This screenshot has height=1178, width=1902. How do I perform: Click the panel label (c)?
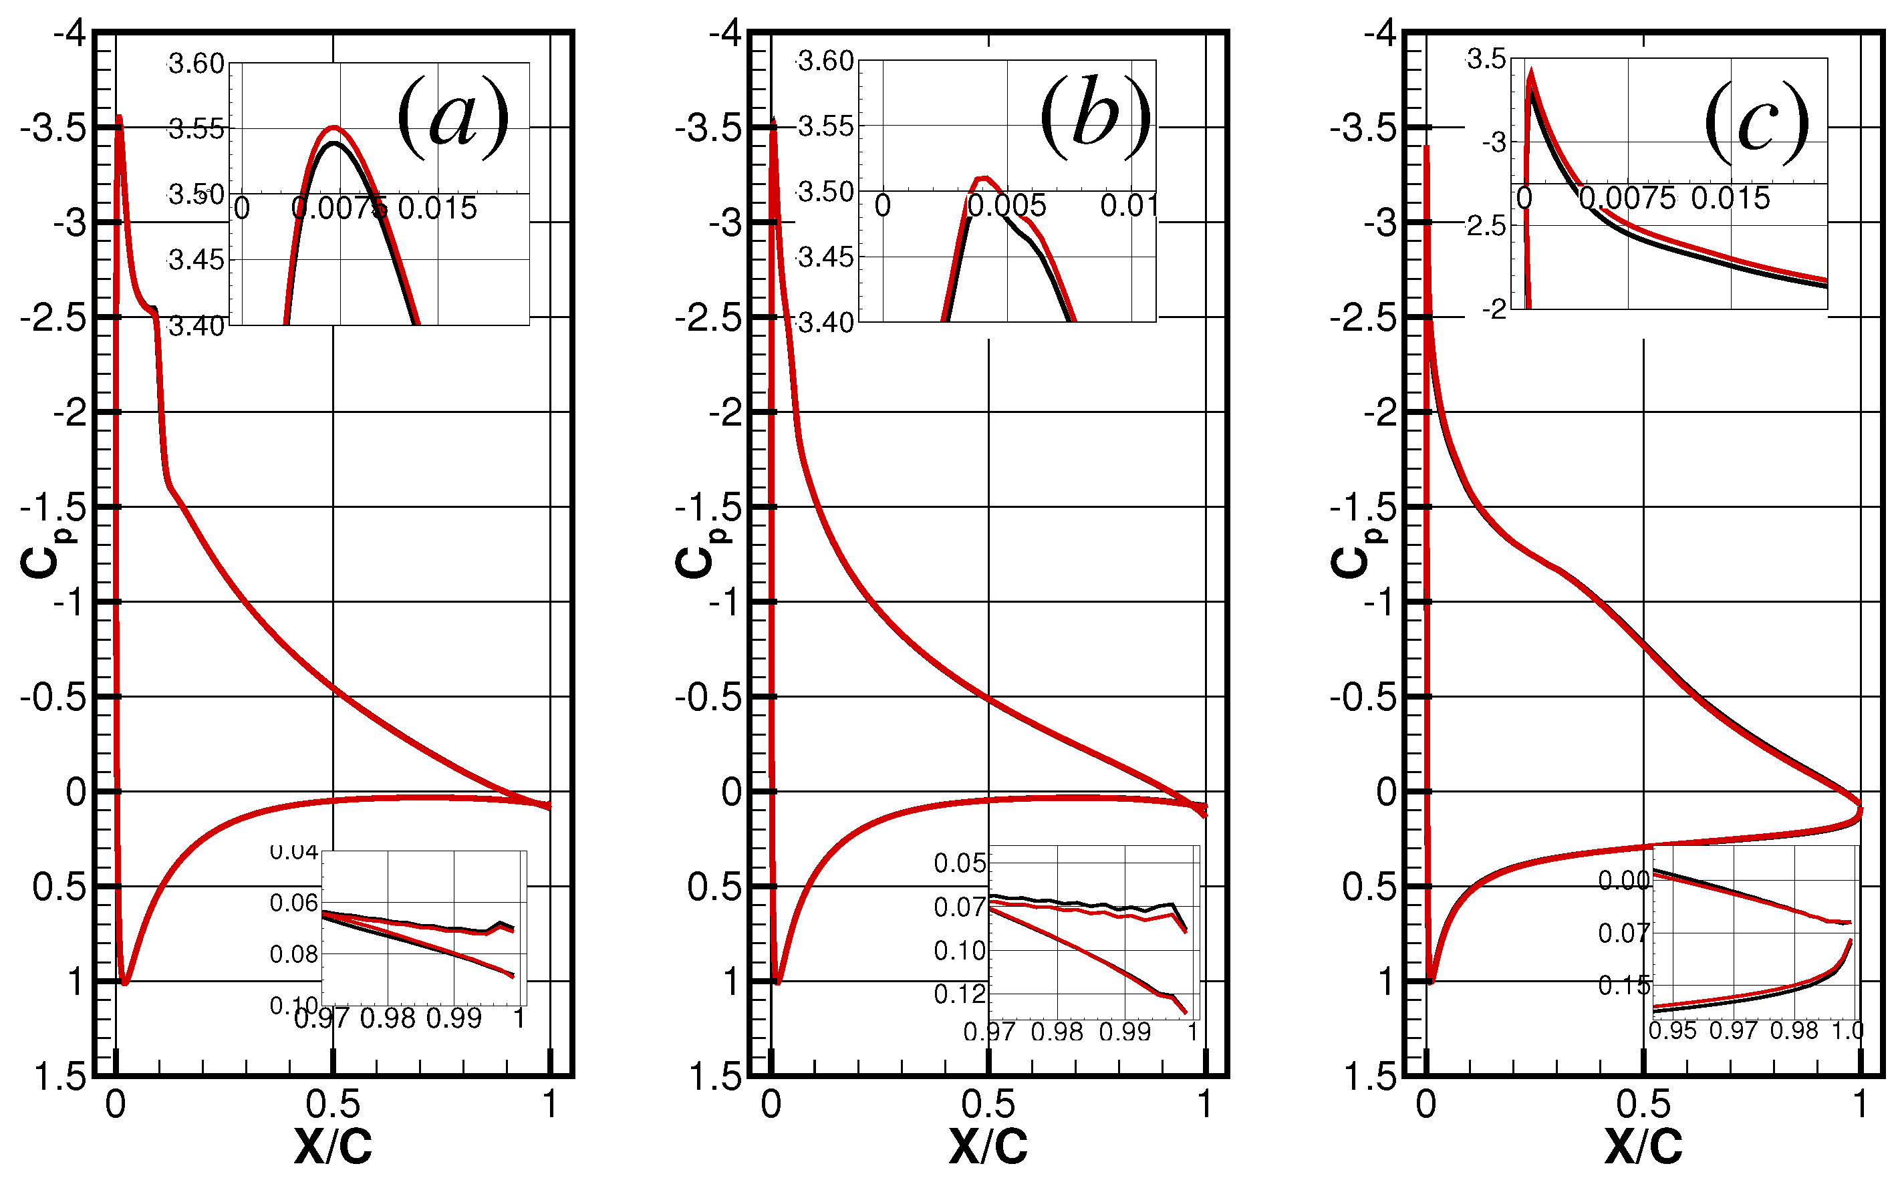pos(1756,122)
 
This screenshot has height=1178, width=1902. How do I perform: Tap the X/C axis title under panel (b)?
pos(988,1146)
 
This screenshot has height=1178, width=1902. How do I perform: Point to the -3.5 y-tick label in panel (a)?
pos(53,128)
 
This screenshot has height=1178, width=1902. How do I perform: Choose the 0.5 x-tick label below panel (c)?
pos(1643,1104)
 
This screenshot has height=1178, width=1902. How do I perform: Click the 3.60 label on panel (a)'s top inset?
pos(196,64)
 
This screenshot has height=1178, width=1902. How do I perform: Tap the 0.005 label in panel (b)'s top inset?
pos(1006,206)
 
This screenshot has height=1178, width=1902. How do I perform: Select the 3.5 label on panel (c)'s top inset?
pos(1486,59)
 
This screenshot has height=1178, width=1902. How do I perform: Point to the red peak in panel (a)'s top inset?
pos(333,126)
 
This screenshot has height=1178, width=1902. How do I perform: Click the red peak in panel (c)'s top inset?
pos(1531,72)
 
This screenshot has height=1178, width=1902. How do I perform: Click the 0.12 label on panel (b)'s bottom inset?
pos(959,994)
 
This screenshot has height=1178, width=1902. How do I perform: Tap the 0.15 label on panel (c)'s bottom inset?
pos(1623,986)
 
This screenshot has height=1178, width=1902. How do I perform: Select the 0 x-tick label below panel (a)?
pos(116,1104)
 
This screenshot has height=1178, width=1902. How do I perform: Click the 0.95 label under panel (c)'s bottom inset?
pos(1672,1031)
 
